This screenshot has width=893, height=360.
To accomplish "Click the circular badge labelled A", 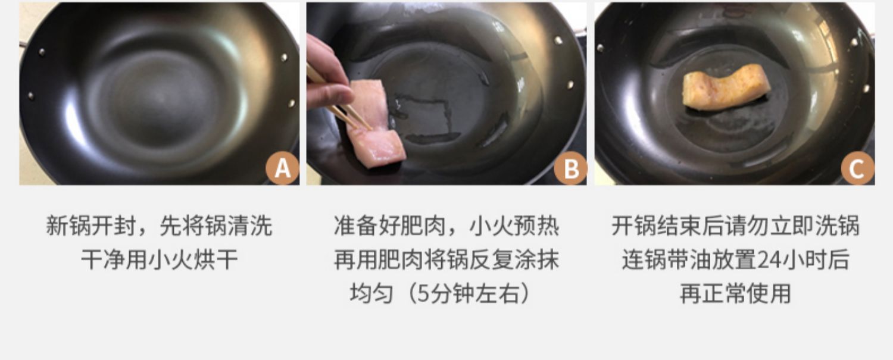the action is click(283, 168).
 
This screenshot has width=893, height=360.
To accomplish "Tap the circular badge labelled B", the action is click(570, 168).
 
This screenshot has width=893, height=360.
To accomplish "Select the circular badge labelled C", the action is click(858, 168).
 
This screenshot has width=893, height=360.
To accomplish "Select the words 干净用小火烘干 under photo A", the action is click(160, 259).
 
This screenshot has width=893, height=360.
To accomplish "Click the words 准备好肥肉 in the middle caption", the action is click(390, 226).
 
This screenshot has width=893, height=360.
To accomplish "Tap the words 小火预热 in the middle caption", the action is click(515, 226).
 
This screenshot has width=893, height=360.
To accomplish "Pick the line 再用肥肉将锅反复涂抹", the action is click(447, 259).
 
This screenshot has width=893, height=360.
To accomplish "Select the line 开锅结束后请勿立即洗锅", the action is click(735, 226).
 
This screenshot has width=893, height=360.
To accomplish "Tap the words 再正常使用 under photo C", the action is click(735, 293).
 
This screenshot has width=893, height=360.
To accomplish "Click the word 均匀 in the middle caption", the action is click(371, 293).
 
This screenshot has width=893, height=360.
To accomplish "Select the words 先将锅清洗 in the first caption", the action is click(216, 226).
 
